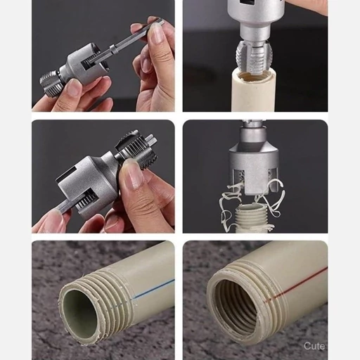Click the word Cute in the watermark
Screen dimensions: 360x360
click(314, 346)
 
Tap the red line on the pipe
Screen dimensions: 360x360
click(297, 284)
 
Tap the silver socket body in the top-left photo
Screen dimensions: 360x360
click(84, 65)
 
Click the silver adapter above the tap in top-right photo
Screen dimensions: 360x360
click(254, 20)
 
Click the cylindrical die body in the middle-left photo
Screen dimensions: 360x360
click(86, 181)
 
